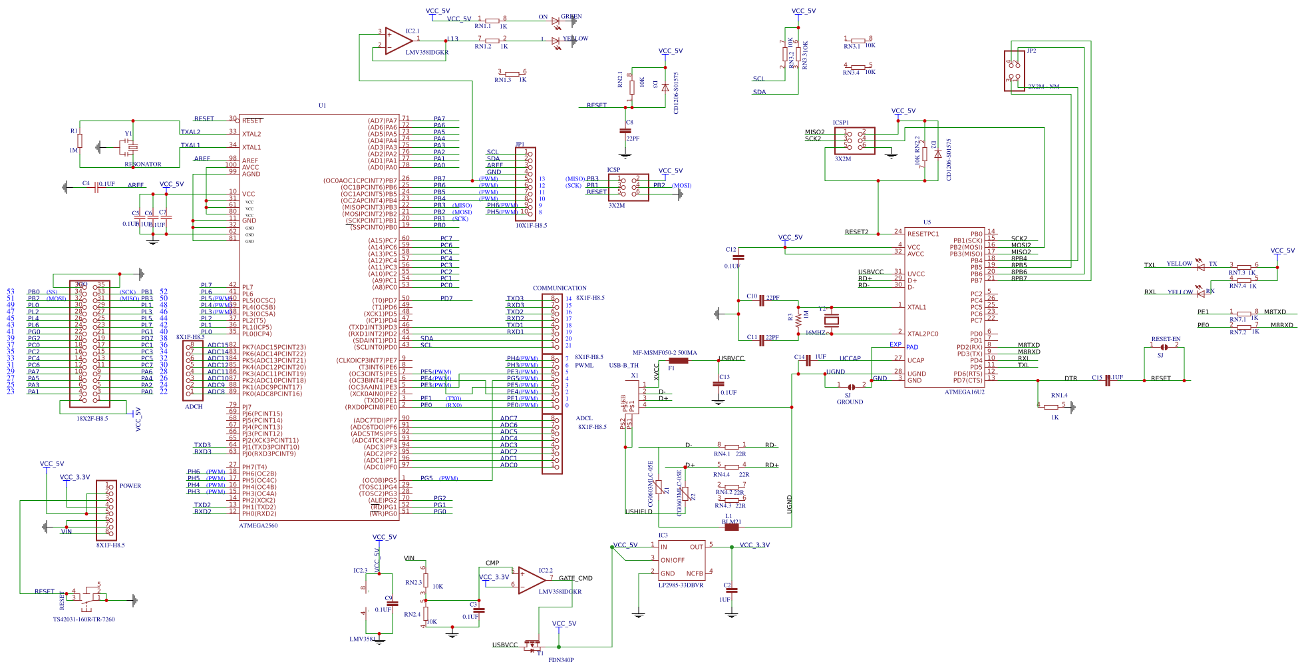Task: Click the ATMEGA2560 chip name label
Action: coord(258,525)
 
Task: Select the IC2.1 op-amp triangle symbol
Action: coord(399,41)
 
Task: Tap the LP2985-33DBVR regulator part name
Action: coord(681,585)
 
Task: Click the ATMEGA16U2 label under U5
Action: coord(964,392)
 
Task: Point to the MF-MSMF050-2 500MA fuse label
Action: coord(664,353)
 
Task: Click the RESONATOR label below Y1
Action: coord(143,164)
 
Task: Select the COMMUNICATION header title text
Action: coord(560,288)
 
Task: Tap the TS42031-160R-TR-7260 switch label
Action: coord(84,619)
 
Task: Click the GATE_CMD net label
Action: coord(575,578)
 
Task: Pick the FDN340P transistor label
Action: coord(561,660)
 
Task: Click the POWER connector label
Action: coord(130,486)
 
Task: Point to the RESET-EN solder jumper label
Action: coord(1166,339)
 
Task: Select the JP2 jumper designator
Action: coord(1031,51)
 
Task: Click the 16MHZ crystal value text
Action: coord(815,332)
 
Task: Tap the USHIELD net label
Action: coord(639,511)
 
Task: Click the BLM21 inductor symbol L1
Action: coord(732,527)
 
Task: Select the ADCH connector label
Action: coord(194,406)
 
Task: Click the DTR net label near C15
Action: coord(1070,378)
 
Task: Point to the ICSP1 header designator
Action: coord(841,123)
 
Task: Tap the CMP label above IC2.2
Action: coord(492,563)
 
